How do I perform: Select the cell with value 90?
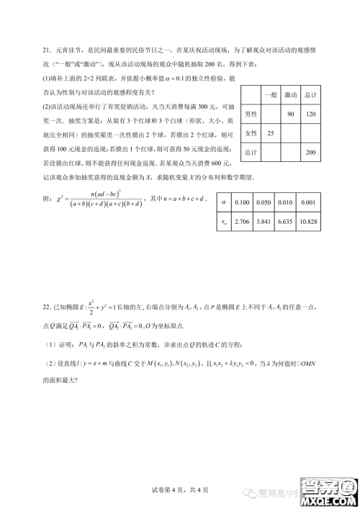(x=290, y=114)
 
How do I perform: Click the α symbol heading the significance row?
(x=222, y=204)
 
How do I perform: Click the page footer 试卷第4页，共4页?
(x=179, y=490)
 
